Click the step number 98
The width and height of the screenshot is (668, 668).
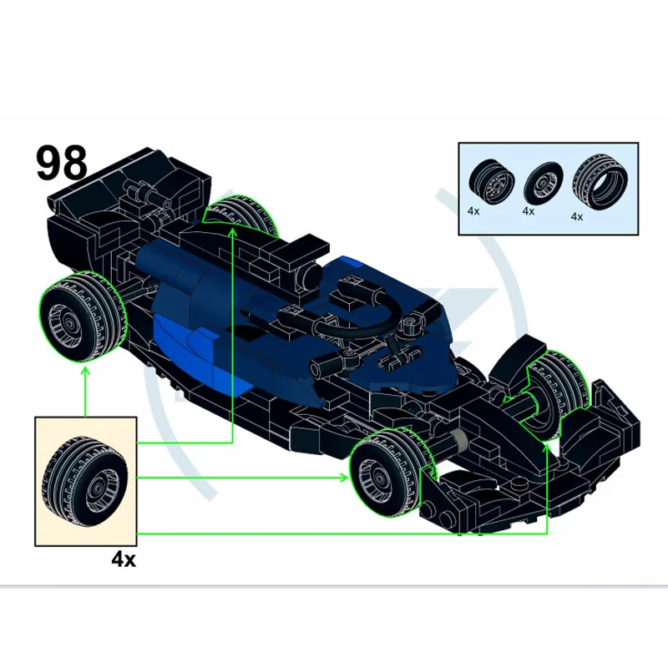coord(62,163)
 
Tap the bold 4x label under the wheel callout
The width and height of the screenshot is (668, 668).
coord(124,559)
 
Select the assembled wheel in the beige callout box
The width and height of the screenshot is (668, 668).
coord(85,481)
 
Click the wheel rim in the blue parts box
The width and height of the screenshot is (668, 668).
coord(491,183)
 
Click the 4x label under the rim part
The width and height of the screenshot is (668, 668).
coord(473,211)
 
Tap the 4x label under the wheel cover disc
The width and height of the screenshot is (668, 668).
coord(529,211)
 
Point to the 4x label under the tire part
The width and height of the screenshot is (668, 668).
coord(577,216)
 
